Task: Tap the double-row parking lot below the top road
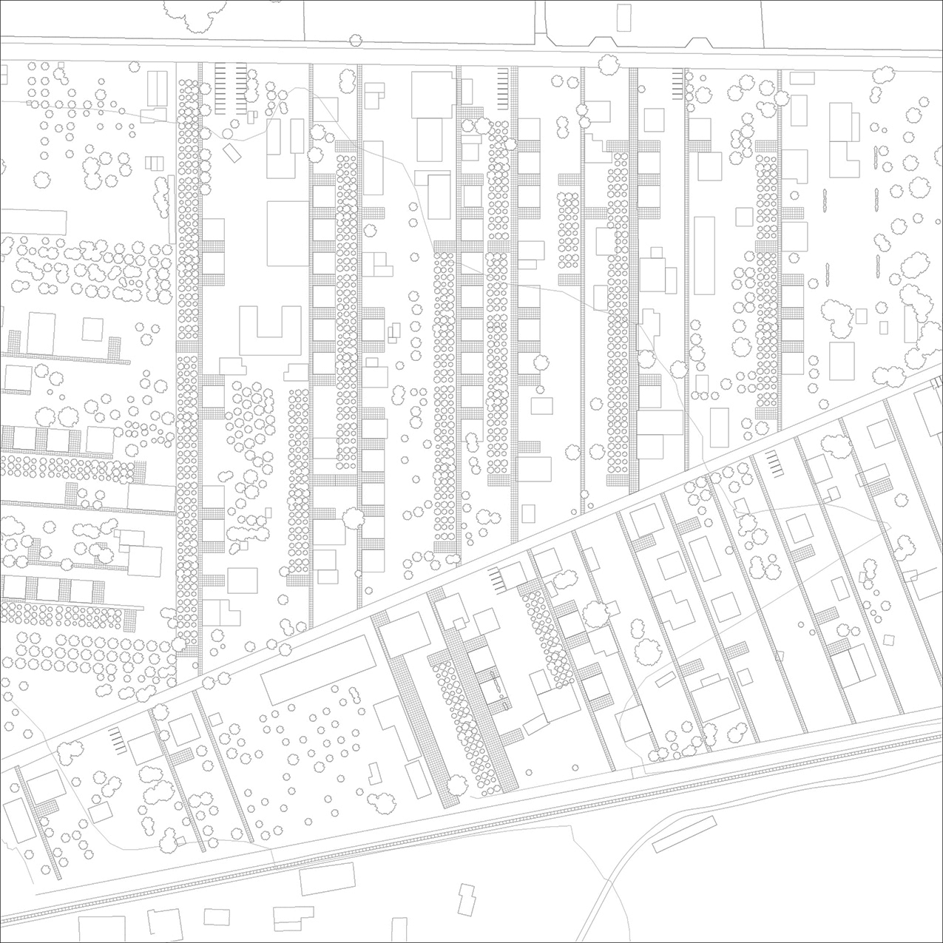point(230,89)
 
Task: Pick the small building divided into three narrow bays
point(153,163)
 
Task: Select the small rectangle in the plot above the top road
point(625,17)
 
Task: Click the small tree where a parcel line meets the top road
point(356,41)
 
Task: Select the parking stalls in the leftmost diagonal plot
point(116,738)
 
